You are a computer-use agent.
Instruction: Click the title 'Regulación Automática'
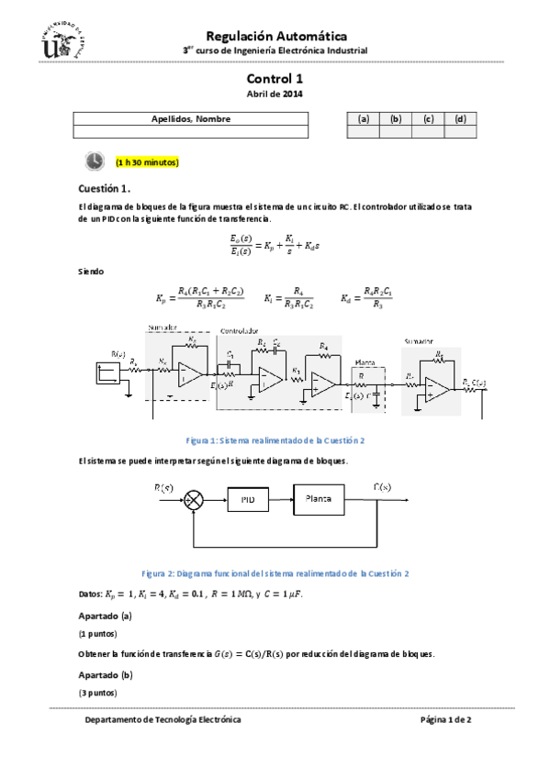coord(275,34)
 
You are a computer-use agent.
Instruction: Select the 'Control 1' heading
coord(275,80)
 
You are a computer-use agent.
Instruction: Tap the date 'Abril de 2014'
coord(275,94)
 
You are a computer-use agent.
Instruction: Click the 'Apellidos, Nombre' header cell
coord(190,119)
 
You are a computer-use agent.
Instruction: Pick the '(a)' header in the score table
coord(363,119)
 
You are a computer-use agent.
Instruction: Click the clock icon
coord(95,161)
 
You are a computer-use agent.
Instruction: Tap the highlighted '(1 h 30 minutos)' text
coord(147,162)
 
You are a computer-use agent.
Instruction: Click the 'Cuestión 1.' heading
coord(107,188)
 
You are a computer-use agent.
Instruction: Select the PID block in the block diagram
coord(247,499)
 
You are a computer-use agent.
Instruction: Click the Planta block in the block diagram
coord(319,498)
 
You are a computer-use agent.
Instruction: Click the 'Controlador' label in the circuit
coord(238,330)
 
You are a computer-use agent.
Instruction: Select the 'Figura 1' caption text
coord(275,440)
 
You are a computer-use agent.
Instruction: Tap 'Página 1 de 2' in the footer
coord(445,720)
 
